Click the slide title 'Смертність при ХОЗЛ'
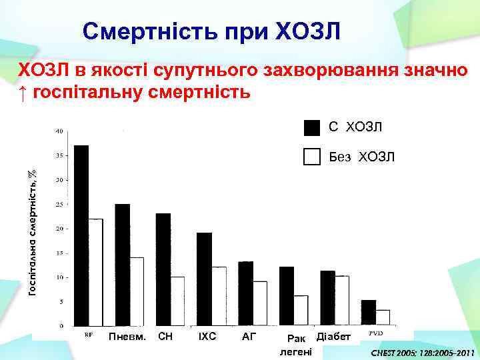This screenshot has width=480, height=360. pyautogui.click(x=212, y=31)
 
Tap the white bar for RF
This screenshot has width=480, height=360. pyautogui.click(x=96, y=272)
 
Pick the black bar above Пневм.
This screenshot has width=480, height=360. pyautogui.click(x=122, y=265)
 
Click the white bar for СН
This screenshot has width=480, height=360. pyautogui.click(x=177, y=301)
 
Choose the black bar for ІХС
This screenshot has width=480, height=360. pyautogui.click(x=204, y=279)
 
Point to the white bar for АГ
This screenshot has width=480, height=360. pyautogui.click(x=260, y=303)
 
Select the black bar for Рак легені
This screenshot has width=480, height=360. pyautogui.click(x=287, y=296)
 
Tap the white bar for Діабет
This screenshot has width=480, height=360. pyautogui.click(x=342, y=301)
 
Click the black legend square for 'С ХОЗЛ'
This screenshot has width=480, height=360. pyautogui.click(x=312, y=127)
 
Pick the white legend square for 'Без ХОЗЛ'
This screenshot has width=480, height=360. pyautogui.click(x=312, y=157)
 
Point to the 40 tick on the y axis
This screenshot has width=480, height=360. pyautogui.click(x=59, y=131)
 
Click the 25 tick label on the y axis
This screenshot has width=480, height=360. pyautogui.click(x=59, y=205)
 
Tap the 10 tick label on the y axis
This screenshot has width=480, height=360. pyautogui.click(x=59, y=277)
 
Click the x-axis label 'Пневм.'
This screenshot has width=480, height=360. pyautogui.click(x=127, y=337)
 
